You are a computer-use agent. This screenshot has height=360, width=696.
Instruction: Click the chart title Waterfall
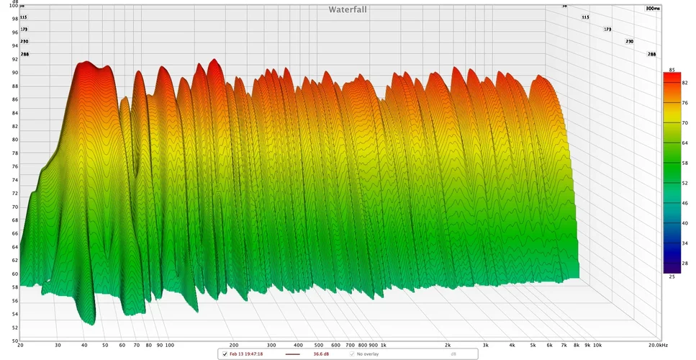coord(348,9)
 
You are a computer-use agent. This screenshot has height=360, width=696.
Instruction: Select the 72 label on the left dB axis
coord(14,193)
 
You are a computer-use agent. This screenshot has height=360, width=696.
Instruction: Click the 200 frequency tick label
coord(233,346)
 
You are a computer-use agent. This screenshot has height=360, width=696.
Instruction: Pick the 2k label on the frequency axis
coord(448,346)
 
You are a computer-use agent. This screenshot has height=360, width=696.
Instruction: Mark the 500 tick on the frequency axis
coord(319,346)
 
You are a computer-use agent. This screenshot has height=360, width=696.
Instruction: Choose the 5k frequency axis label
coord(533,346)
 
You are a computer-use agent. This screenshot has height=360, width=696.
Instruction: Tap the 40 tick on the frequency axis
coord(84,346)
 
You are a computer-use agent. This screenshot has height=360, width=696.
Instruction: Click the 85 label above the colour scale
coord(672,70)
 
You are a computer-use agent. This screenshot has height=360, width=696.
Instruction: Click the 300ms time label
coord(653,9)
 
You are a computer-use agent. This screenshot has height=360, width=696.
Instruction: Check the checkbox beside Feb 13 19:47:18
coord(224,354)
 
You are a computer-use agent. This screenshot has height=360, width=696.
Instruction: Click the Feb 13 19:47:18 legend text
coord(247,354)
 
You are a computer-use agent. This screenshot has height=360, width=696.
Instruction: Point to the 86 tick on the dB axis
coord(14,99)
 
